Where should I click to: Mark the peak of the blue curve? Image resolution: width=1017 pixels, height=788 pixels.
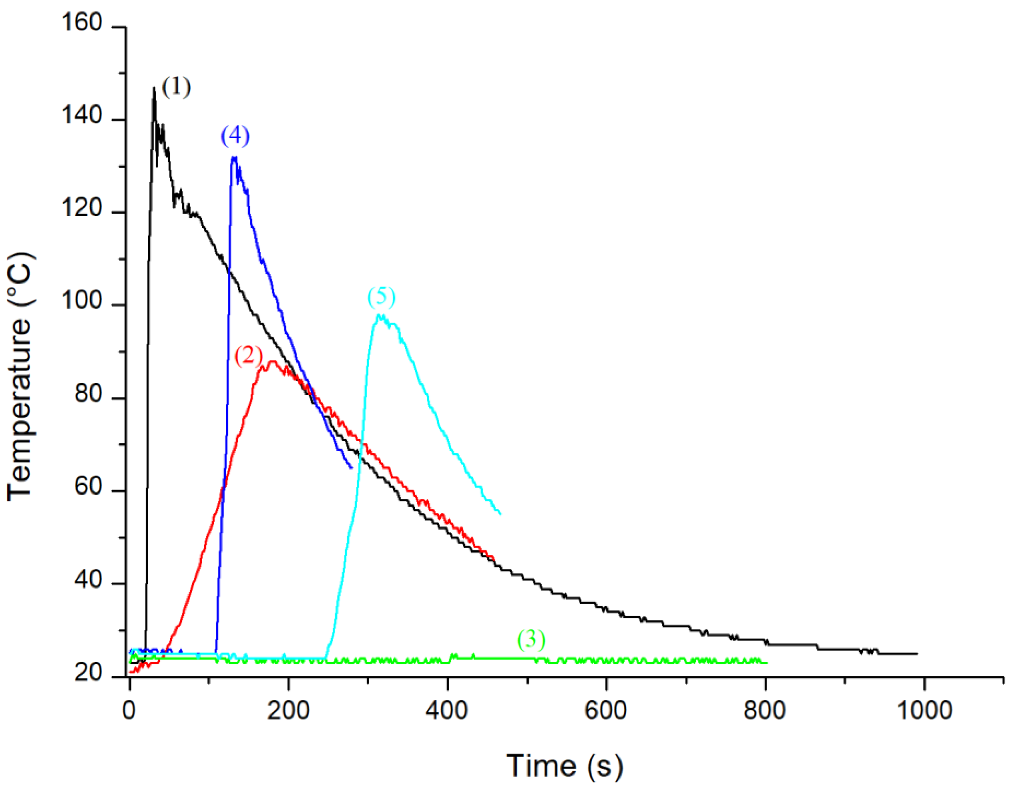[x=234, y=157]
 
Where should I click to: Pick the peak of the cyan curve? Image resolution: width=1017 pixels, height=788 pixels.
[x=381, y=315]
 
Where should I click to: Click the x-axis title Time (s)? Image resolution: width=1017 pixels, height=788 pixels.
[x=564, y=766]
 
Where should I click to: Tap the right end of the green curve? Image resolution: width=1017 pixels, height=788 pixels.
[x=767, y=662]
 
